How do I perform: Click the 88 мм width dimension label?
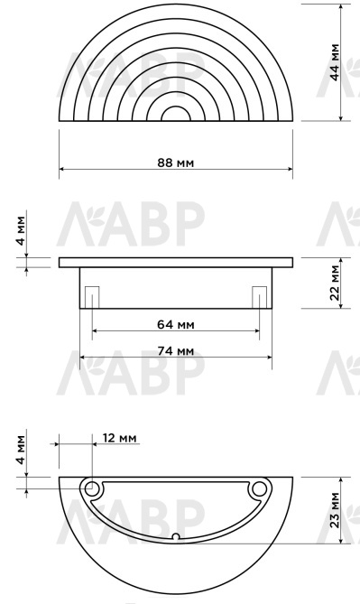(x=176, y=163)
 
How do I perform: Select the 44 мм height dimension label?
(x=335, y=62)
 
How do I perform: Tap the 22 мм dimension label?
(x=335, y=283)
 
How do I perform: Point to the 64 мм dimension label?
(x=176, y=324)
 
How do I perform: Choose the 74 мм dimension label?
(x=176, y=351)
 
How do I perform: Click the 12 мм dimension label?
(x=120, y=438)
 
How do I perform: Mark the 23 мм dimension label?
(x=335, y=510)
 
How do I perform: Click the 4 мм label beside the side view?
(x=21, y=230)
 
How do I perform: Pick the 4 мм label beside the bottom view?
(x=21, y=450)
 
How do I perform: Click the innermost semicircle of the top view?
(x=176, y=107)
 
